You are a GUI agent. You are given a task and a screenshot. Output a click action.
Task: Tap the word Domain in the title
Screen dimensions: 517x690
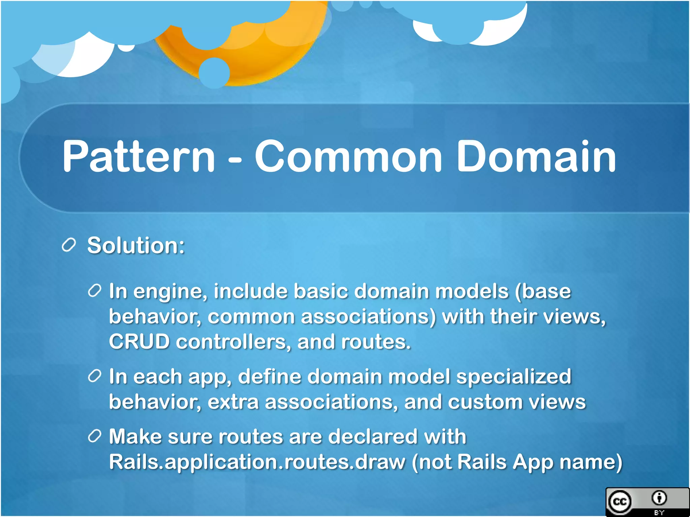tap(536, 157)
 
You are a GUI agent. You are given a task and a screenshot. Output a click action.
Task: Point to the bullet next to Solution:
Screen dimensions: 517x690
tap(69, 245)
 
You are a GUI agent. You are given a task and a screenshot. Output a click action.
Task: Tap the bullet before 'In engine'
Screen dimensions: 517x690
tap(95, 290)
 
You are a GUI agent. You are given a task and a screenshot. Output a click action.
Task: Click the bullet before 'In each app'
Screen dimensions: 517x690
tap(95, 376)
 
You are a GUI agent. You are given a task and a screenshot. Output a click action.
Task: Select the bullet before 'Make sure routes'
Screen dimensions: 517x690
tap(95, 436)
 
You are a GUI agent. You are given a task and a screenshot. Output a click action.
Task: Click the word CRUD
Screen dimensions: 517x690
tap(139, 342)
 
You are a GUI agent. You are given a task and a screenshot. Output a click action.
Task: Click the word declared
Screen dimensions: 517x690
tap(372, 437)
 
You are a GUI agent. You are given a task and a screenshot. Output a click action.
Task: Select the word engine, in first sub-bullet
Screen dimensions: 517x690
tap(170, 291)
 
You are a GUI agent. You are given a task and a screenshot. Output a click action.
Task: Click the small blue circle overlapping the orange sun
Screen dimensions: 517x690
tap(214, 73)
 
